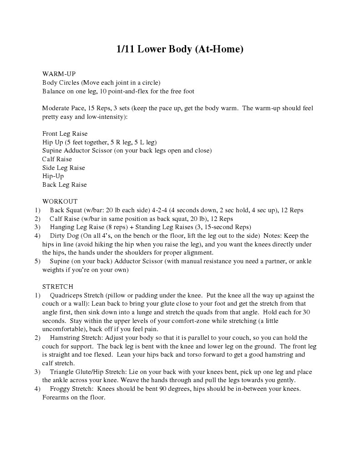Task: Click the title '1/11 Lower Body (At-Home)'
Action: (180, 49)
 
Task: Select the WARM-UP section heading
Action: (59, 74)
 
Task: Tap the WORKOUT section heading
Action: (60, 201)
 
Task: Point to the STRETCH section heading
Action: (58, 287)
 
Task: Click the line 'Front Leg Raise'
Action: (65, 133)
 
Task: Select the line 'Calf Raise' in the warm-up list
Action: (57, 159)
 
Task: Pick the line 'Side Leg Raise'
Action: (63, 168)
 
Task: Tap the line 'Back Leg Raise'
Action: (64, 184)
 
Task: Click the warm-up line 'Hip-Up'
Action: (53, 176)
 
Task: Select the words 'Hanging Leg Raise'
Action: (76, 227)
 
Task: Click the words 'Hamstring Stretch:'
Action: (77, 338)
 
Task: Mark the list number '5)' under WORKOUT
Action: (37, 261)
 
